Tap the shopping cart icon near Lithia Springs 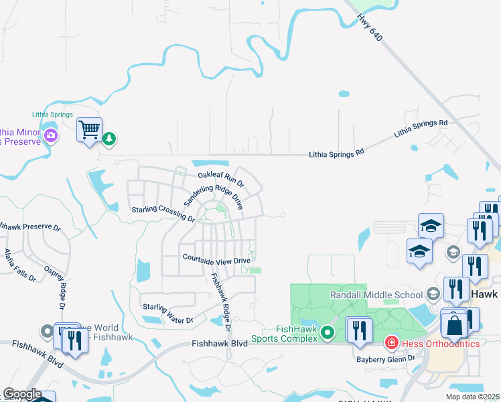pyautogui.click(x=89, y=129)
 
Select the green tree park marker pyautogui.click(x=109, y=139)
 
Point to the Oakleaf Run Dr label pyautogui.click(x=221, y=179)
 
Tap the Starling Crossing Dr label pyautogui.click(x=163, y=213)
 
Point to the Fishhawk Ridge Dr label pyautogui.click(x=220, y=304)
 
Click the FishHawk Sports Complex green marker pyautogui.click(x=327, y=332)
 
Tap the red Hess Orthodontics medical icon pyautogui.click(x=391, y=343)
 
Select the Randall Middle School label pyautogui.click(x=376, y=295)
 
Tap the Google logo pyautogui.click(x=21, y=394)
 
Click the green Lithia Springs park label pyautogui.click(x=52, y=115)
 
